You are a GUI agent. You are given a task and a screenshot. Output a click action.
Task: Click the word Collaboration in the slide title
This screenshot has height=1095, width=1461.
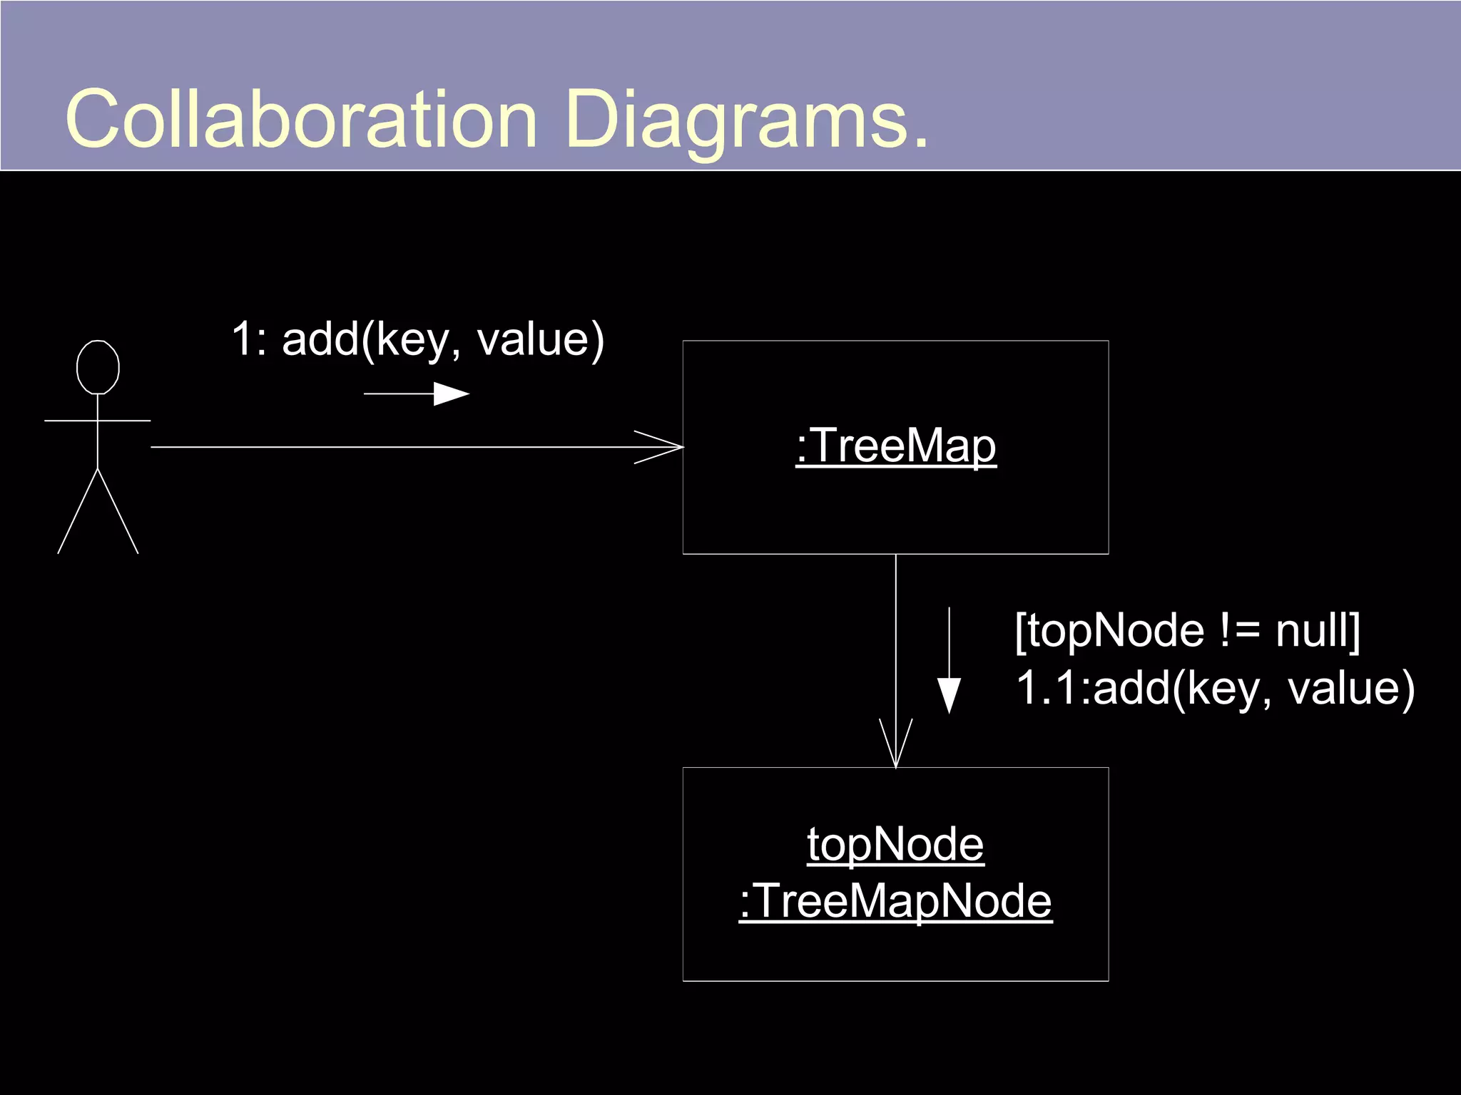[300, 120]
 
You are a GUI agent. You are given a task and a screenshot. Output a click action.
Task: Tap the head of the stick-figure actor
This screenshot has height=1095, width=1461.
[98, 367]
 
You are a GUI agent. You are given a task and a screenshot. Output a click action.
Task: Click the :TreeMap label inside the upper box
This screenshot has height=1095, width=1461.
[896, 447]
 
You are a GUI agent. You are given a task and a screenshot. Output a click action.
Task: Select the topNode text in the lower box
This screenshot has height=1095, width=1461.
[895, 845]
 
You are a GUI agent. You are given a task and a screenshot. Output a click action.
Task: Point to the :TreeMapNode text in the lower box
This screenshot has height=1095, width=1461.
[895, 901]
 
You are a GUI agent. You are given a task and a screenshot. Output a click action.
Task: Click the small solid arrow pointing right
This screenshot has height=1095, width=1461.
[449, 394]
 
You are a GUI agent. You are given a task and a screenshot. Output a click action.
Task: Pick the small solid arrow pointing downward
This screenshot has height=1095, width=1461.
[949, 695]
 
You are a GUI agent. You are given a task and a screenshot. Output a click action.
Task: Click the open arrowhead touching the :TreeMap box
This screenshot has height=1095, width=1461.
[660, 447]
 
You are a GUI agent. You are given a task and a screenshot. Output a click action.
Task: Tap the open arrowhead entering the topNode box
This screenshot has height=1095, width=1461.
[896, 745]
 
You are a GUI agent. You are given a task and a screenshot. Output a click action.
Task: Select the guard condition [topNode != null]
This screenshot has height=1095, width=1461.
[1187, 631]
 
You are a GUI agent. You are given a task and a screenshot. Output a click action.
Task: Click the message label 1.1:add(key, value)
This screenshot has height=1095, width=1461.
[1215, 689]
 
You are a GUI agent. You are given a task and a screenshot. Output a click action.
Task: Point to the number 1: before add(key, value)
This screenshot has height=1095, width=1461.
[249, 339]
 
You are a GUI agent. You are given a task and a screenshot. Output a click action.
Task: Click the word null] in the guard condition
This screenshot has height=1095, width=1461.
[1318, 631]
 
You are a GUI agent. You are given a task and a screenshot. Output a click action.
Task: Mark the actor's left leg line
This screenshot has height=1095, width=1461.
[77, 512]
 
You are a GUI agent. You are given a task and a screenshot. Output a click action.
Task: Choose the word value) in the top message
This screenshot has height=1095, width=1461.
[540, 339]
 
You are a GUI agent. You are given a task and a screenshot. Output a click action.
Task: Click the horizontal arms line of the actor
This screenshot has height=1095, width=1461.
[98, 421]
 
